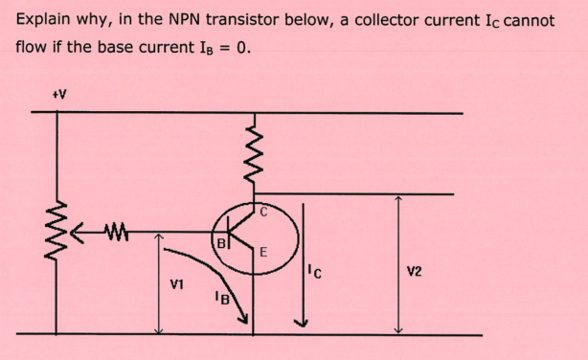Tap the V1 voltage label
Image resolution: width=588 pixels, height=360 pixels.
pos(176,283)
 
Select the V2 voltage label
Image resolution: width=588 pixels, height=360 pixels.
pos(414,271)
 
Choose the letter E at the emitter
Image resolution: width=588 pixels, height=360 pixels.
pos(262,253)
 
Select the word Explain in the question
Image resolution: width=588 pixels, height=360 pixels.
pos(45,19)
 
